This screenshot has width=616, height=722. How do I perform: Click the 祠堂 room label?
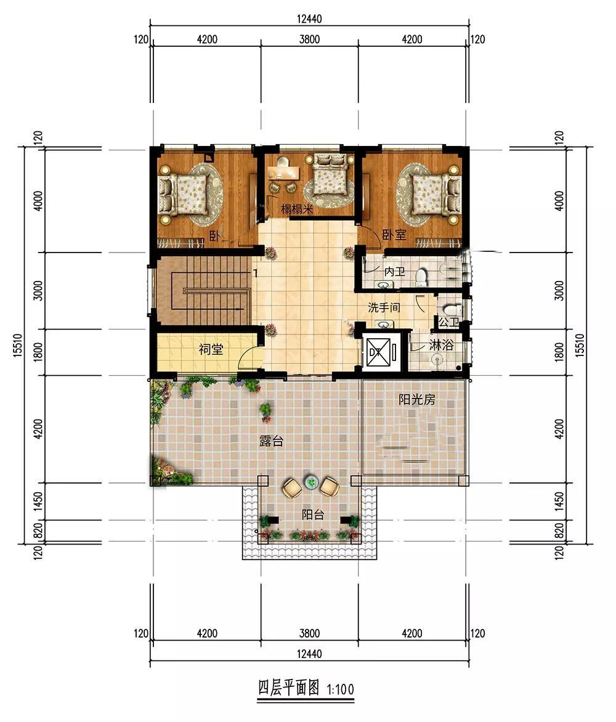coord(211,349)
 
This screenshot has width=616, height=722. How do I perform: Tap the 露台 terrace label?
coord(271,441)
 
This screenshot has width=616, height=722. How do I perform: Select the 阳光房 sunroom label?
coord(416,399)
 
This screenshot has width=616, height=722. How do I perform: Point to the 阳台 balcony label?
coord(313,514)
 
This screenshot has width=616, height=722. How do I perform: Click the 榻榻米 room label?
coord(298,209)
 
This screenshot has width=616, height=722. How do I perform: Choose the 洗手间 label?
coord(384,307)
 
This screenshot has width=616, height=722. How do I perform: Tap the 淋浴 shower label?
coord(441,345)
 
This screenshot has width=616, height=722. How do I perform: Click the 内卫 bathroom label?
coord(395,272)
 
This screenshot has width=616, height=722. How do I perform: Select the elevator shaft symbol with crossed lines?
coord(379,353)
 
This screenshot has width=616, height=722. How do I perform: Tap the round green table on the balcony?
coord(310,482)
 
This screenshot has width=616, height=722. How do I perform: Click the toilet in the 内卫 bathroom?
coord(421,276)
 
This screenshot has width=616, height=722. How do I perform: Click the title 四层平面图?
coord(288,688)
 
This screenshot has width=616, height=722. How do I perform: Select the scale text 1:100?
coord(341,689)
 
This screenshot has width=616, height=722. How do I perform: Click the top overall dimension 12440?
coord(309,19)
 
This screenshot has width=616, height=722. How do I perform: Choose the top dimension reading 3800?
coord(309,39)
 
